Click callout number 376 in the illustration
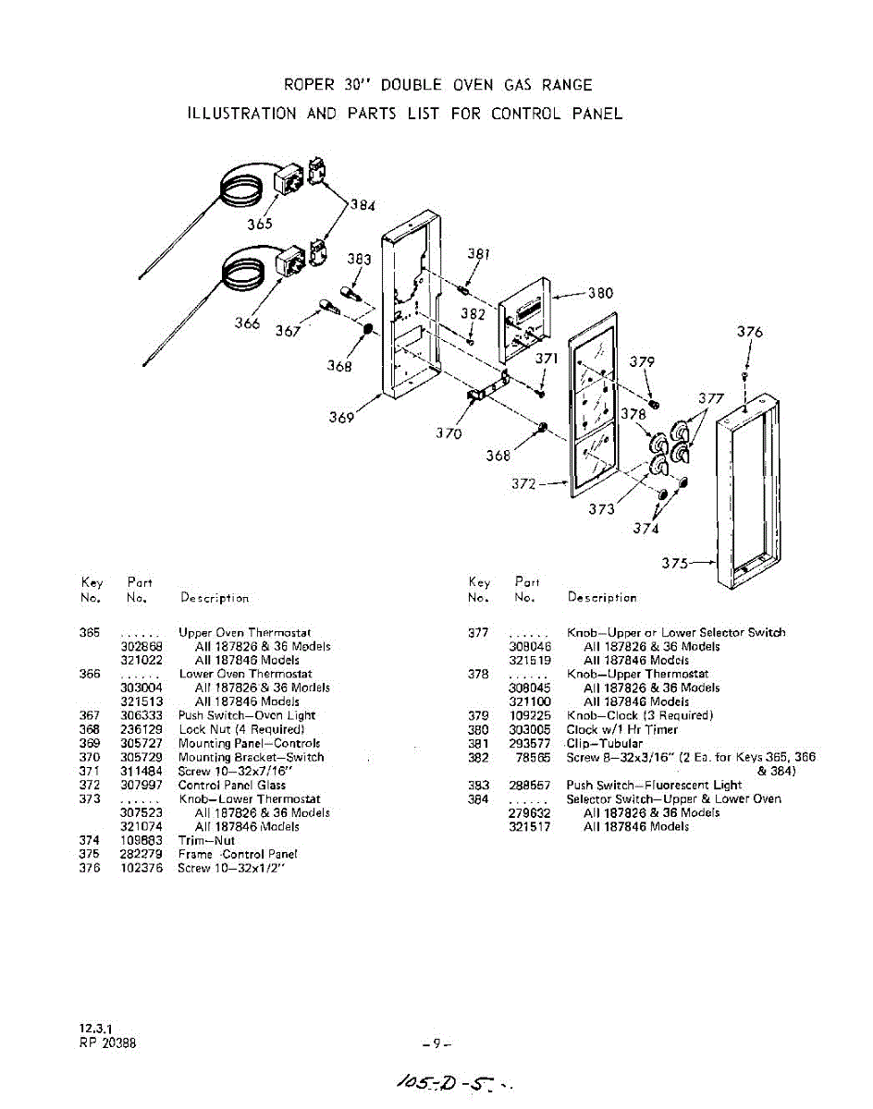point(750,333)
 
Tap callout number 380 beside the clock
point(600,293)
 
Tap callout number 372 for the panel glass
point(525,483)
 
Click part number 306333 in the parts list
point(141,715)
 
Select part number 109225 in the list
point(530,715)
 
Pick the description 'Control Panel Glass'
point(231,785)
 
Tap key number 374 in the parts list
point(90,840)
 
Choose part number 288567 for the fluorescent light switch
point(530,785)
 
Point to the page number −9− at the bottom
point(435,1044)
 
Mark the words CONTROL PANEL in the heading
point(557,114)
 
